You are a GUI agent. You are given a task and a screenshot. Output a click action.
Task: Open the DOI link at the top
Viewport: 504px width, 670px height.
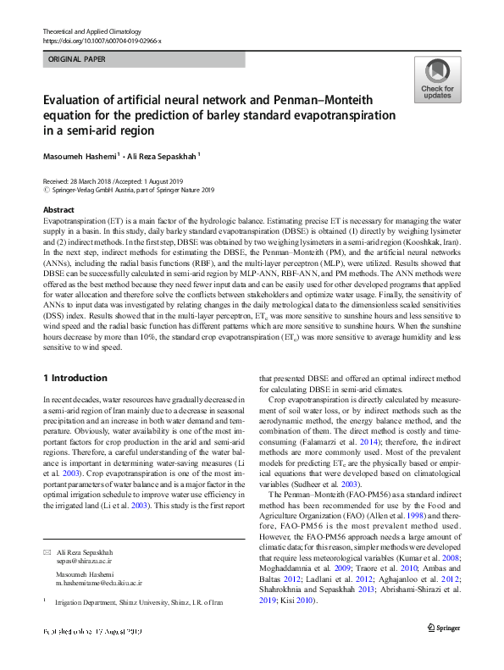pyautogui.click(x=102, y=41)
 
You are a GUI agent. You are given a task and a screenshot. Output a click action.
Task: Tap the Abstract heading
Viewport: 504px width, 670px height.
pyautogui.click(x=58, y=209)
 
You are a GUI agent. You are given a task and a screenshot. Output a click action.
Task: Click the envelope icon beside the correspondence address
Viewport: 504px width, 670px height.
pyautogui.click(x=47, y=552)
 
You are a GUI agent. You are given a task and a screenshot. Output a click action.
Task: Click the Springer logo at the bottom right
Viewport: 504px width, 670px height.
pyautogui.click(x=442, y=651)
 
